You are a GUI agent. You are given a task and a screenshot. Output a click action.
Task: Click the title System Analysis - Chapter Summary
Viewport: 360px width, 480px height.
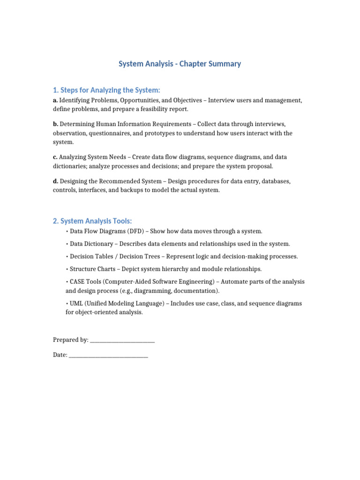[180, 64]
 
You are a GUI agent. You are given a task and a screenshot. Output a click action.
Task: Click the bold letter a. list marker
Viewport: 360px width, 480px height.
[55, 100]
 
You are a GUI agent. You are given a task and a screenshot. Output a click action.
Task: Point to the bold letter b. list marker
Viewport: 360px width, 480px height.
[55, 124]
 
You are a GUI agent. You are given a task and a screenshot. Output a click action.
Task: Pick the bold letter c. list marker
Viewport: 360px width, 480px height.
[55, 157]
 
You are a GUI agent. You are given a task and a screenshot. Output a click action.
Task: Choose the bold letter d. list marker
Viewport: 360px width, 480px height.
[55, 181]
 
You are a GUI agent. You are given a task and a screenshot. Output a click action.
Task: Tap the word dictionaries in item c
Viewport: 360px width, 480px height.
[70, 166]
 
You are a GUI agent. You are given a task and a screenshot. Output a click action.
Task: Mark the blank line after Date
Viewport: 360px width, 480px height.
[108, 356]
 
